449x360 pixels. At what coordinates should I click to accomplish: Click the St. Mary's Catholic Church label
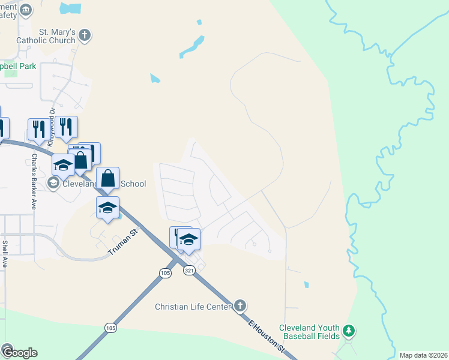[x=57, y=36]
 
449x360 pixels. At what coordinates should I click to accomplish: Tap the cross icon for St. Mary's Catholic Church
[x=85, y=35]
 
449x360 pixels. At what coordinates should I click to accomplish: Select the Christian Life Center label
[x=193, y=307]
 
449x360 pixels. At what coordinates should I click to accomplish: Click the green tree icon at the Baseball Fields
[x=349, y=330]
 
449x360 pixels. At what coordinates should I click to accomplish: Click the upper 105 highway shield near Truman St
[x=166, y=273]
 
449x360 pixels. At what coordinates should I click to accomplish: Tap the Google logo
[x=19, y=352]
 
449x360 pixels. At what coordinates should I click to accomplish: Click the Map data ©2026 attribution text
[x=423, y=355]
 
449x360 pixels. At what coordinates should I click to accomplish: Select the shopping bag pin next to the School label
[x=108, y=178]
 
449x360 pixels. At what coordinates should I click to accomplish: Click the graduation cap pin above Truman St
[x=107, y=208]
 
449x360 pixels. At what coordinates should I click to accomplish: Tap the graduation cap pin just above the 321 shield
[x=188, y=239]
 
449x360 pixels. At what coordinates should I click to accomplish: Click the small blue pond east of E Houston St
[x=306, y=284]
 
